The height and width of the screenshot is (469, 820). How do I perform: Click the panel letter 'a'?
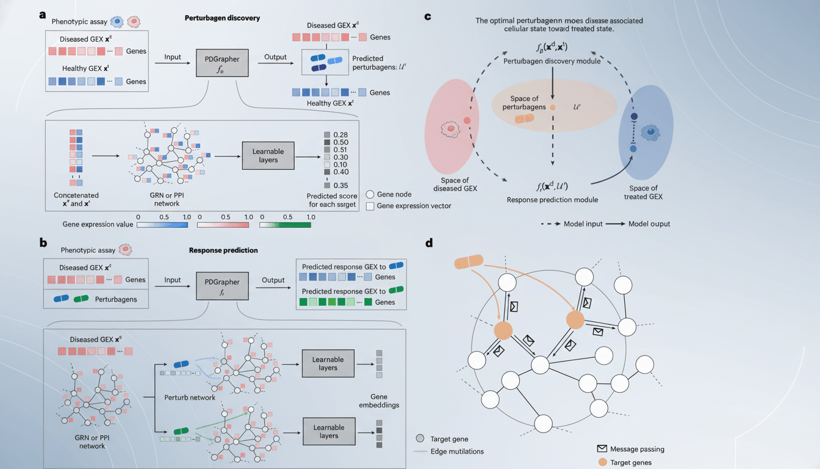(x=42, y=15)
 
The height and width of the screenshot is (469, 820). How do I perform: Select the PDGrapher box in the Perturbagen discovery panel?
(x=223, y=62)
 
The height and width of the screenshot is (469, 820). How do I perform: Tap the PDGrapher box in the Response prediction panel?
(x=223, y=286)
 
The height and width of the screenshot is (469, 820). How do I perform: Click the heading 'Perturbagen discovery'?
(x=222, y=18)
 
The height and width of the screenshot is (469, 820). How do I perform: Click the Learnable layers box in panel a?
(x=268, y=156)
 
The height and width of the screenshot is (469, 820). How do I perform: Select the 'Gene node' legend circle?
(x=370, y=194)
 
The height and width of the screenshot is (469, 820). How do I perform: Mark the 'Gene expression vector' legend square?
(x=370, y=206)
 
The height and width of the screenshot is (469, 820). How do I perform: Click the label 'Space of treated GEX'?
(x=644, y=192)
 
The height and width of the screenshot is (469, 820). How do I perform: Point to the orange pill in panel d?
(x=469, y=262)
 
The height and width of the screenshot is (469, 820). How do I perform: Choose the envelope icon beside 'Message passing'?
(x=602, y=449)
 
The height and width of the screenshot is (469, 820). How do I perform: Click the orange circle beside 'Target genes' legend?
(x=602, y=462)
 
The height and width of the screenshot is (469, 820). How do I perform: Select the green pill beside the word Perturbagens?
(x=81, y=299)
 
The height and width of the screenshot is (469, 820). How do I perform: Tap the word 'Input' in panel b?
(x=173, y=280)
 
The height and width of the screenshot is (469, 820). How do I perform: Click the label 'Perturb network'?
(x=190, y=398)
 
